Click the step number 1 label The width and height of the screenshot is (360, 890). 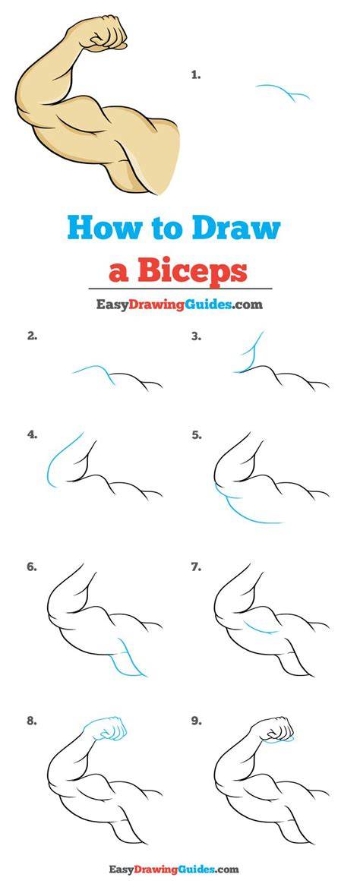(x=196, y=74)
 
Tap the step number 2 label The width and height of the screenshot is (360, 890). (x=32, y=336)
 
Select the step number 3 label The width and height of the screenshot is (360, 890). (x=197, y=336)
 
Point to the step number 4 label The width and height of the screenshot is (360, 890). (x=32, y=435)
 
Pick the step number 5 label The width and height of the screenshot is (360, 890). (x=197, y=435)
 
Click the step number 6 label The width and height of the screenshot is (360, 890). (x=32, y=567)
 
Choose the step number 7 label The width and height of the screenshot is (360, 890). (x=197, y=567)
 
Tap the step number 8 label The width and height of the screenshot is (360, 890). (x=32, y=721)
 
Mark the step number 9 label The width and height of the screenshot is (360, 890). (x=197, y=721)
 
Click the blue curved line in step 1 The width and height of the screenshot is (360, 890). (x=283, y=90)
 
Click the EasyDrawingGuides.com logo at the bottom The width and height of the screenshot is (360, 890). (x=175, y=869)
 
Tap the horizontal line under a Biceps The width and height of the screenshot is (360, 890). (x=179, y=289)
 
